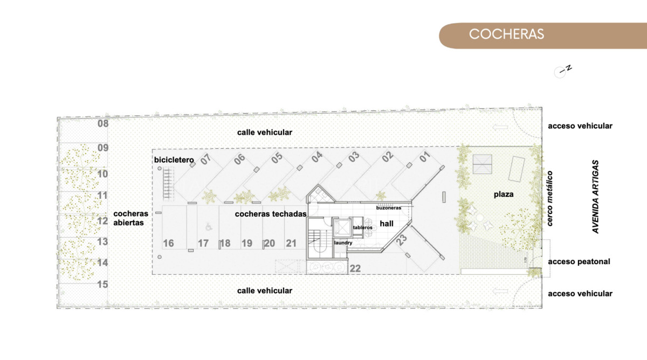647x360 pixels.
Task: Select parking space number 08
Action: pos(103,123)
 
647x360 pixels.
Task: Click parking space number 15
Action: pos(103,284)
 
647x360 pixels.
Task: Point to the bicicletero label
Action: pos(174,160)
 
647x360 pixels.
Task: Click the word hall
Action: pos(386,223)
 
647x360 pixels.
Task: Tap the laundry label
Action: pos(343,243)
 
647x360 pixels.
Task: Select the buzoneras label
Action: pos(388,207)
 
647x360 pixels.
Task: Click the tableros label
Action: pos(362,227)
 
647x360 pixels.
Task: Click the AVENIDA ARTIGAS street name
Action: pos(596,196)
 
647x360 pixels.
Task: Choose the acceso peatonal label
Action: pos(579,261)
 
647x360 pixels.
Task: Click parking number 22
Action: pos(355,268)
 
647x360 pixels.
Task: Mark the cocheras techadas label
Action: pos(271,214)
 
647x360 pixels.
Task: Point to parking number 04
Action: pos(316,157)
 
